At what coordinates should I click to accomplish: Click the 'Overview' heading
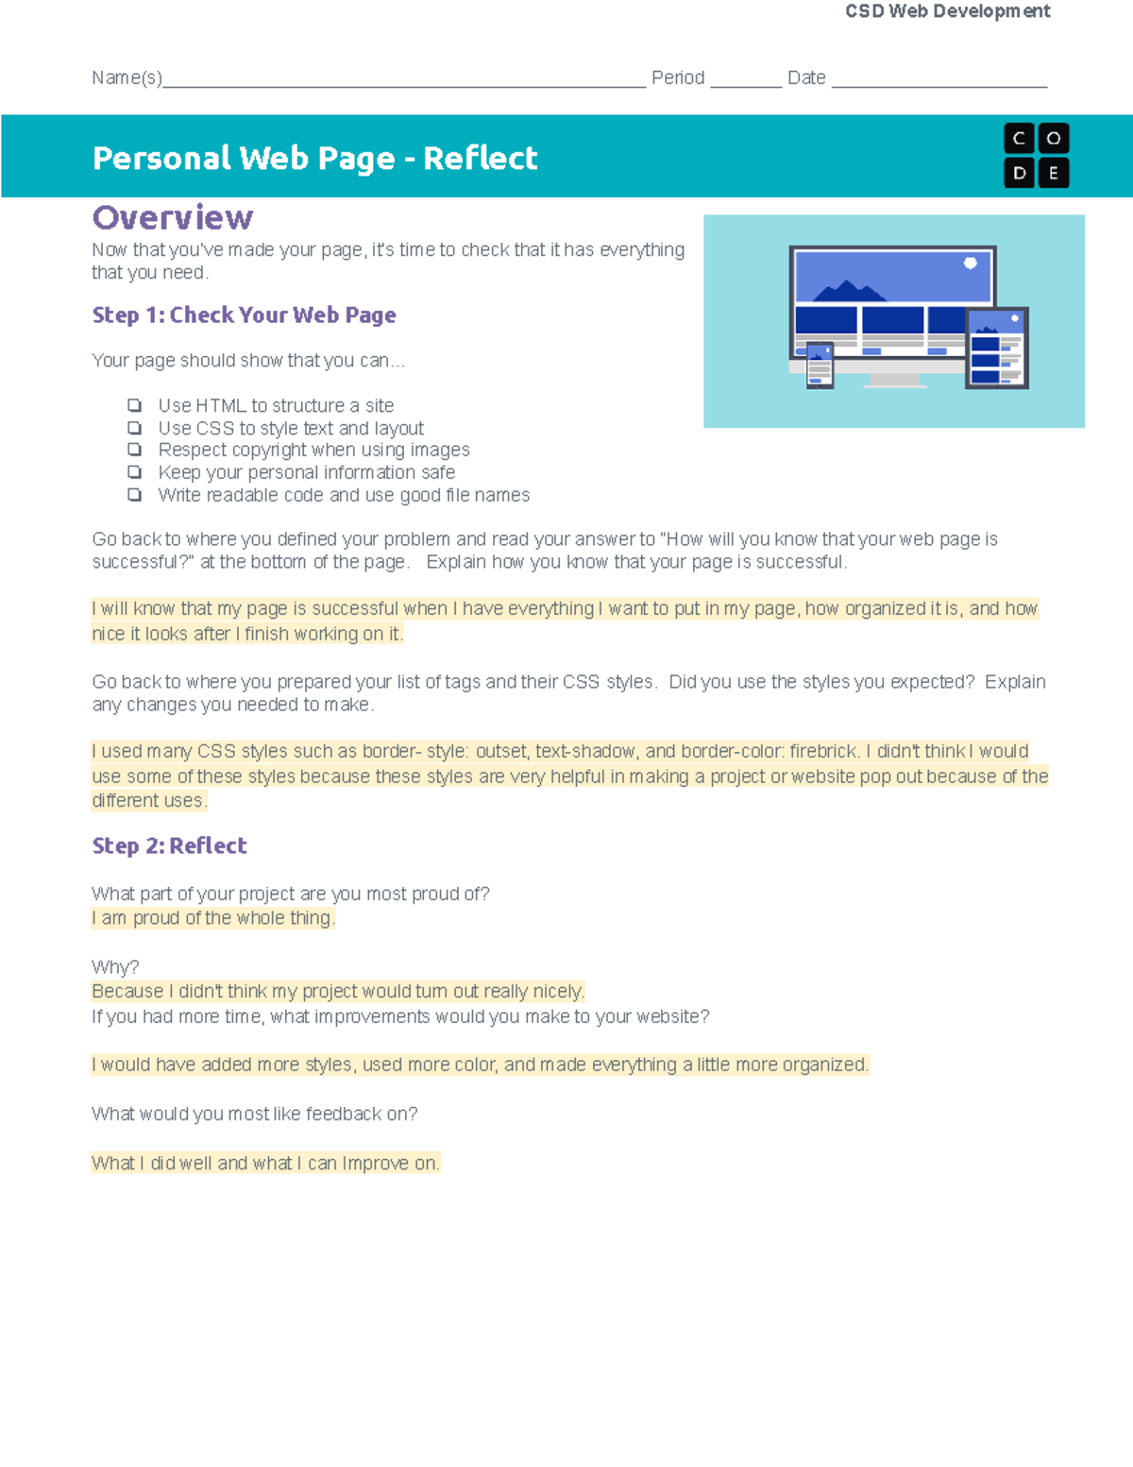pos(172,218)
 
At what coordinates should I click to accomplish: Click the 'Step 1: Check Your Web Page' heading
pos(244,316)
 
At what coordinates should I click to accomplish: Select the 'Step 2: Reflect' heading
pos(169,846)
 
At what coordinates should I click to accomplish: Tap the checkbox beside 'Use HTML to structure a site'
pos(135,405)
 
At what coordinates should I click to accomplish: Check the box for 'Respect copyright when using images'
pos(135,450)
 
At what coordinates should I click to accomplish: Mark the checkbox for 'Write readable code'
pos(135,495)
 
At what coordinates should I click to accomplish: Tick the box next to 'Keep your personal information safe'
pos(135,472)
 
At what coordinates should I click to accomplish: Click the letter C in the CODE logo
pos(1019,139)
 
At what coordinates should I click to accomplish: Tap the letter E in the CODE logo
pos(1054,174)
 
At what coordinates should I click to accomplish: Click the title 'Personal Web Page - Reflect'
pos(314,159)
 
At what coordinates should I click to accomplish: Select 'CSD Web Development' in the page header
pos(947,11)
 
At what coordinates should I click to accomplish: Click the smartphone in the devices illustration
pos(820,366)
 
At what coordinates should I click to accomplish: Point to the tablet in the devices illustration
pos(996,349)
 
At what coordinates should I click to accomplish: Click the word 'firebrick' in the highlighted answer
pos(823,752)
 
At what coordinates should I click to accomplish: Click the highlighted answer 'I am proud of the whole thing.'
pos(212,918)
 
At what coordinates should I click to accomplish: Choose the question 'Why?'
pos(115,967)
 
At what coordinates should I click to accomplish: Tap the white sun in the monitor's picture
pos(970,264)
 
